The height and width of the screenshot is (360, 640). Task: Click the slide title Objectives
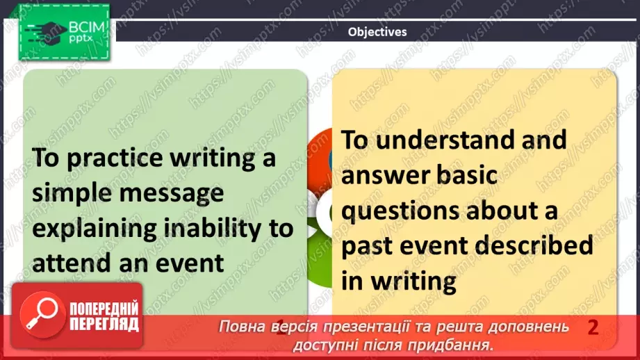pos(377,32)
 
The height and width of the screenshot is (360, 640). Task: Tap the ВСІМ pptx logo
pos(64,32)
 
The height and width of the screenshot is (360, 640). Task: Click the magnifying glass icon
pos(42,314)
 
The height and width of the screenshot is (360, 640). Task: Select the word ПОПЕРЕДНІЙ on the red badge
pos(104,309)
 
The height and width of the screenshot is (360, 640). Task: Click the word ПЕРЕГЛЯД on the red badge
pos(104,324)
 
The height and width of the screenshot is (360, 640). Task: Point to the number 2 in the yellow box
pos(593,327)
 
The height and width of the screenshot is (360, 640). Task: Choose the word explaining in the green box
pos(95,228)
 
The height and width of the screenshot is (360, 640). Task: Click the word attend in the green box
pos(72,263)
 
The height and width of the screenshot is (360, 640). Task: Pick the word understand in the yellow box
pos(445,140)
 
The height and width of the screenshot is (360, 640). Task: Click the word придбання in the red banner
pos(450,345)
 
